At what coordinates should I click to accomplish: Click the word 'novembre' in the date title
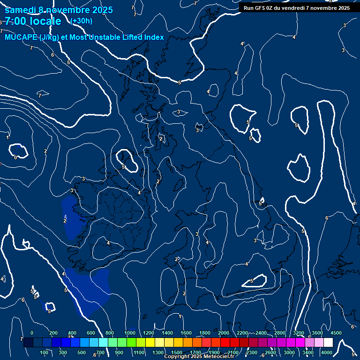67,10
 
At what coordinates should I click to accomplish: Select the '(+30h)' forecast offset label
81,21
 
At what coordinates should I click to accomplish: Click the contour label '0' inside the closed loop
15,157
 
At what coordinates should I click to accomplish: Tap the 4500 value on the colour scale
336,333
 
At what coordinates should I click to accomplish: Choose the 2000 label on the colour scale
224,333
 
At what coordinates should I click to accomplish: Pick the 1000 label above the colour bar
130,333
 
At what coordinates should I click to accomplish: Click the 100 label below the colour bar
44,352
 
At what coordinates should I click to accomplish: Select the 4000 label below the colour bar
327,352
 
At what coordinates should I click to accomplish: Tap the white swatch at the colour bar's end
328,343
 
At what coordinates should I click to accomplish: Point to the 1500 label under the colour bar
177,352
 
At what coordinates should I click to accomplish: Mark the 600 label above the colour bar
90,333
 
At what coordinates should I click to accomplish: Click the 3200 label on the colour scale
299,333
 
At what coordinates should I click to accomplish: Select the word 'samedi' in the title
20,10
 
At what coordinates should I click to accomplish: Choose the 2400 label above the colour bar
261,333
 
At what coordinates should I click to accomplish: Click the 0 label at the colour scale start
32,333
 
